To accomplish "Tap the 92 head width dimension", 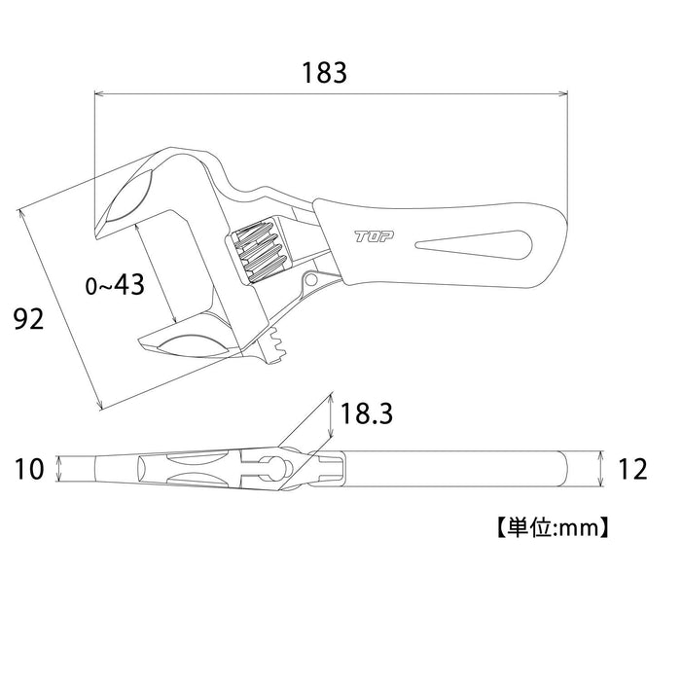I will pos(28,318).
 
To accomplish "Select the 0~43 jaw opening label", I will pos(115,284).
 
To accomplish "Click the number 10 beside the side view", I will pos(30,469).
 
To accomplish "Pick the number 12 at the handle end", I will pos(631,469).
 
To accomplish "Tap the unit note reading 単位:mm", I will pos(552,528).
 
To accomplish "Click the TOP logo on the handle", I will pos(371,236).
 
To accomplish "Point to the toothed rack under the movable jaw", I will pos(276,345).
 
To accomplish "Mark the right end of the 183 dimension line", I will pos(566,94).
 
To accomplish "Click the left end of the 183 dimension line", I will pos(94,94).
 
